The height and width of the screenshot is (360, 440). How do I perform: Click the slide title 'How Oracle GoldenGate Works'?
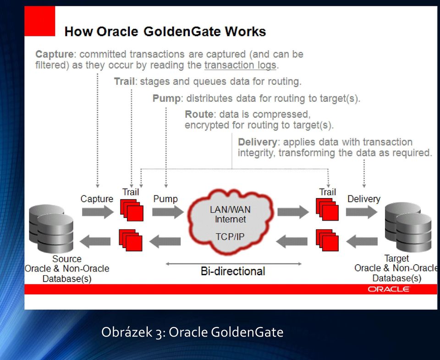(165, 32)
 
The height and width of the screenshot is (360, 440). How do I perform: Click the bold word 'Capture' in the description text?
(55, 54)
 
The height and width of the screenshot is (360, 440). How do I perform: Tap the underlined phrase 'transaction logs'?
(241, 65)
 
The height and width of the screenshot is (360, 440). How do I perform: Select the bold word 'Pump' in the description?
(167, 98)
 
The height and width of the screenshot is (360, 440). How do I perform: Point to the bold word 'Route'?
(199, 114)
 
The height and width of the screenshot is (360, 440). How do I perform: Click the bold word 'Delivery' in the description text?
(258, 142)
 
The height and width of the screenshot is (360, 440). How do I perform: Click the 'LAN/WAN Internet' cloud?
(231, 222)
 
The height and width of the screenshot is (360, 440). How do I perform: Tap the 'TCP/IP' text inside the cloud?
(230, 237)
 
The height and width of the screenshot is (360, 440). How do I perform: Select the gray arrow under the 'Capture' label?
(98, 212)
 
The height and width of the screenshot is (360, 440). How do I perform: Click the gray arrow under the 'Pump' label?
(168, 212)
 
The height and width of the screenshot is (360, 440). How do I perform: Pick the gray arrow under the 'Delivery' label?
(362, 212)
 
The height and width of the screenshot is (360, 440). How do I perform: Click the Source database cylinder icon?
(51, 228)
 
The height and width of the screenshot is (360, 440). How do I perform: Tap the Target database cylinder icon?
(408, 227)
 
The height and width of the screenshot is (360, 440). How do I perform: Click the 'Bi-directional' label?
(233, 271)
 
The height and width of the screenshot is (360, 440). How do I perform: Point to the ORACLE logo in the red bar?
(389, 289)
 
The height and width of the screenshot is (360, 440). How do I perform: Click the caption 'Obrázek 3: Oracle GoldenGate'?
(192, 332)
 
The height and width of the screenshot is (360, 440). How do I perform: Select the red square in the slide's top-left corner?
(40, 21)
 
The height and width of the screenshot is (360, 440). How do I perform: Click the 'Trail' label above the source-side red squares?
(131, 192)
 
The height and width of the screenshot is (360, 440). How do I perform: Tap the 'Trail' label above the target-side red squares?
(327, 192)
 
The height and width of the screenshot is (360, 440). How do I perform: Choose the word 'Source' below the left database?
(67, 259)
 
